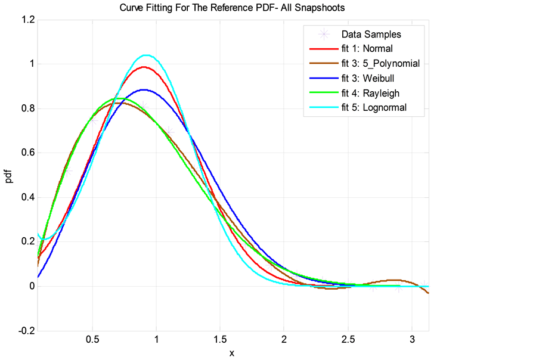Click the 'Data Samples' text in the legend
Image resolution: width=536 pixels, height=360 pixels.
point(371,34)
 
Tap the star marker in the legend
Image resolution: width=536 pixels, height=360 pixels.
point(323,34)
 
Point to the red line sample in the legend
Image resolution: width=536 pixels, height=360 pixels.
point(323,49)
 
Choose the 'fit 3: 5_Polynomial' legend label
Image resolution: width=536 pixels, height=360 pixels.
point(380,63)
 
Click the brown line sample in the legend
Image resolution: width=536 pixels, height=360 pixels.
point(323,63)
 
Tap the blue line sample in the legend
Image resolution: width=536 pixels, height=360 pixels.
point(323,78)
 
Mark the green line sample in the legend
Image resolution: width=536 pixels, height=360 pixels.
point(323,93)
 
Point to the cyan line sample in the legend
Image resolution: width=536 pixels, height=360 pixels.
point(323,108)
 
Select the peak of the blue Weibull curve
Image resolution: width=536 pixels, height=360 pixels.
point(144,89)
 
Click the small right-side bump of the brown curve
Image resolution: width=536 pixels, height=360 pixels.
point(394,280)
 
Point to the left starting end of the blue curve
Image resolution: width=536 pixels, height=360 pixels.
point(38,277)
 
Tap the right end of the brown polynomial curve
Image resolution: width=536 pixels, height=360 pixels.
point(428,293)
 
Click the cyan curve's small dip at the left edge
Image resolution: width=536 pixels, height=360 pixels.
point(44,239)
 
